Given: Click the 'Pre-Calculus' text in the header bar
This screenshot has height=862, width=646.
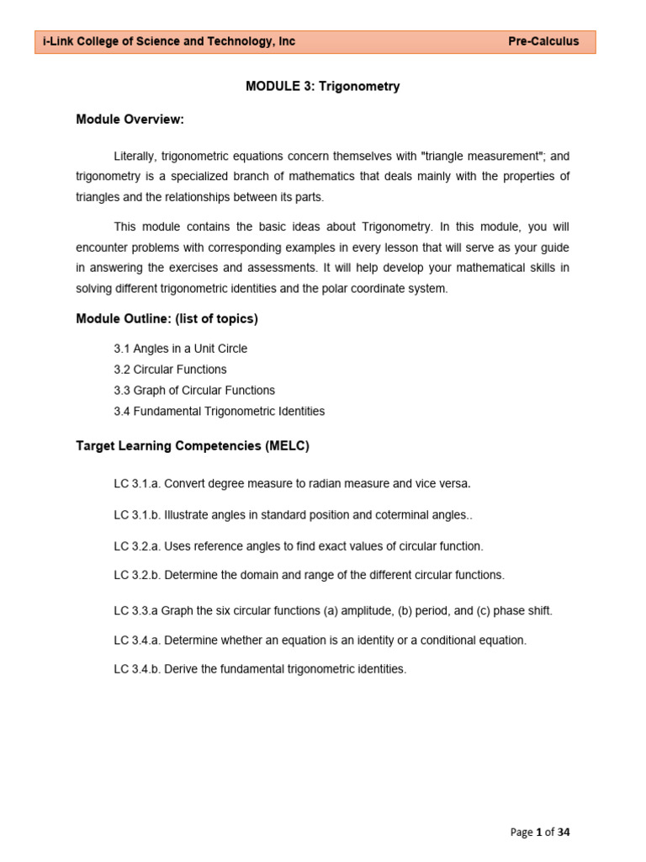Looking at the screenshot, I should [x=543, y=42].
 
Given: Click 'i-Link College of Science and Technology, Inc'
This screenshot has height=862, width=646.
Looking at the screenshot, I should [x=169, y=42].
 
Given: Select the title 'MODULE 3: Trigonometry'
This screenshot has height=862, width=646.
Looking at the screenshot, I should [x=322, y=87].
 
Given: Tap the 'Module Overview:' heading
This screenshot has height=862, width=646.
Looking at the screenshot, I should [x=130, y=120].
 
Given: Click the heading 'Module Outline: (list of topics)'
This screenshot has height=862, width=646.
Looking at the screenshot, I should [x=167, y=318].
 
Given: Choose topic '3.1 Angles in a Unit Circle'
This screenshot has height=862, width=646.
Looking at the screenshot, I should [x=180, y=349].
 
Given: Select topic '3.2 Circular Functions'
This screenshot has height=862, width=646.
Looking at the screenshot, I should [x=170, y=370].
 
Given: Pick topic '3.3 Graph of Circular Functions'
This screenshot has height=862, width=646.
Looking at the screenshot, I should [x=193, y=391].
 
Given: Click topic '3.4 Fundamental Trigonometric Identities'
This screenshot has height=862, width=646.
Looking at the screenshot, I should [x=219, y=412].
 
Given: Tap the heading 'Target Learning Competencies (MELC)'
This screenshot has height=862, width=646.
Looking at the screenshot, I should [x=193, y=446].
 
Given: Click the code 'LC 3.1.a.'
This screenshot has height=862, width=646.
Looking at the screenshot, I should [x=137, y=484].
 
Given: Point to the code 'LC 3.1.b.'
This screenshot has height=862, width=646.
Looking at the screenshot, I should [x=137, y=515].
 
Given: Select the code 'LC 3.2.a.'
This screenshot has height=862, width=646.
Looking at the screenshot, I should [x=137, y=546].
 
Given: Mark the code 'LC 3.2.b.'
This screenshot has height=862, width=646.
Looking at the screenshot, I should [x=137, y=575].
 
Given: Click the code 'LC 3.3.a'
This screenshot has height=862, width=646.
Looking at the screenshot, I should [x=135, y=610].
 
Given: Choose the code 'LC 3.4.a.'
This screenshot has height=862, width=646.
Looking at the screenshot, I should [x=137, y=641].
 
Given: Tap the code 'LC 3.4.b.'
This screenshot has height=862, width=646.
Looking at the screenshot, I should [x=137, y=670].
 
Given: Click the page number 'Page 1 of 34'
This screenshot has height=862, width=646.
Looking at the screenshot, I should [x=540, y=833].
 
